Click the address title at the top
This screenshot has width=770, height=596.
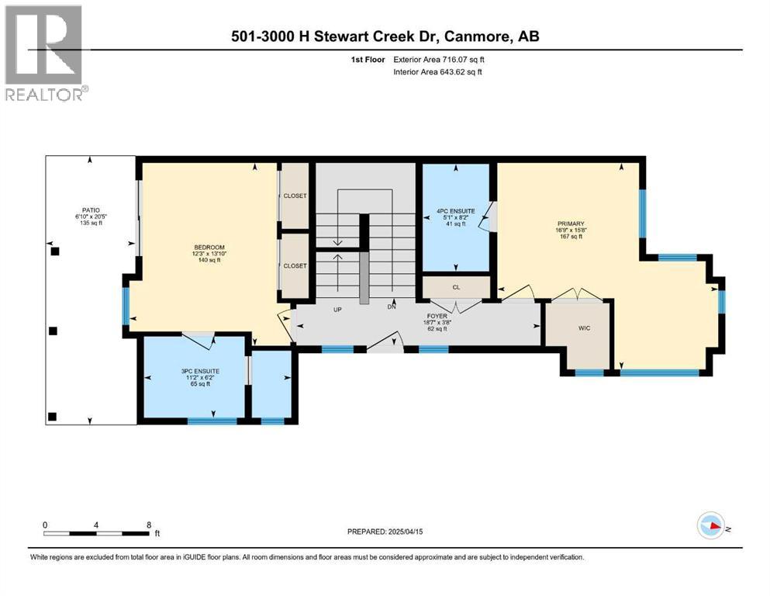pos(385,36)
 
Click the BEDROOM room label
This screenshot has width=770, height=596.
pos(208,247)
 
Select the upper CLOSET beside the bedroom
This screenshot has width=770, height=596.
pos(295,196)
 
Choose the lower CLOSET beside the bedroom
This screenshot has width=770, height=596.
pos(295,265)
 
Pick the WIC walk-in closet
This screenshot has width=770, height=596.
pos(585,328)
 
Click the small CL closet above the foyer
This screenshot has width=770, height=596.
pos(457,286)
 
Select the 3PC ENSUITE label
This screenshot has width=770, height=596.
pos(195,371)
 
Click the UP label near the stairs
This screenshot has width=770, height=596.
pos(337,309)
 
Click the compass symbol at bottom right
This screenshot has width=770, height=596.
pos(711,526)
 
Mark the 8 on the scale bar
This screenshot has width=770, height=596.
pos(149,525)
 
